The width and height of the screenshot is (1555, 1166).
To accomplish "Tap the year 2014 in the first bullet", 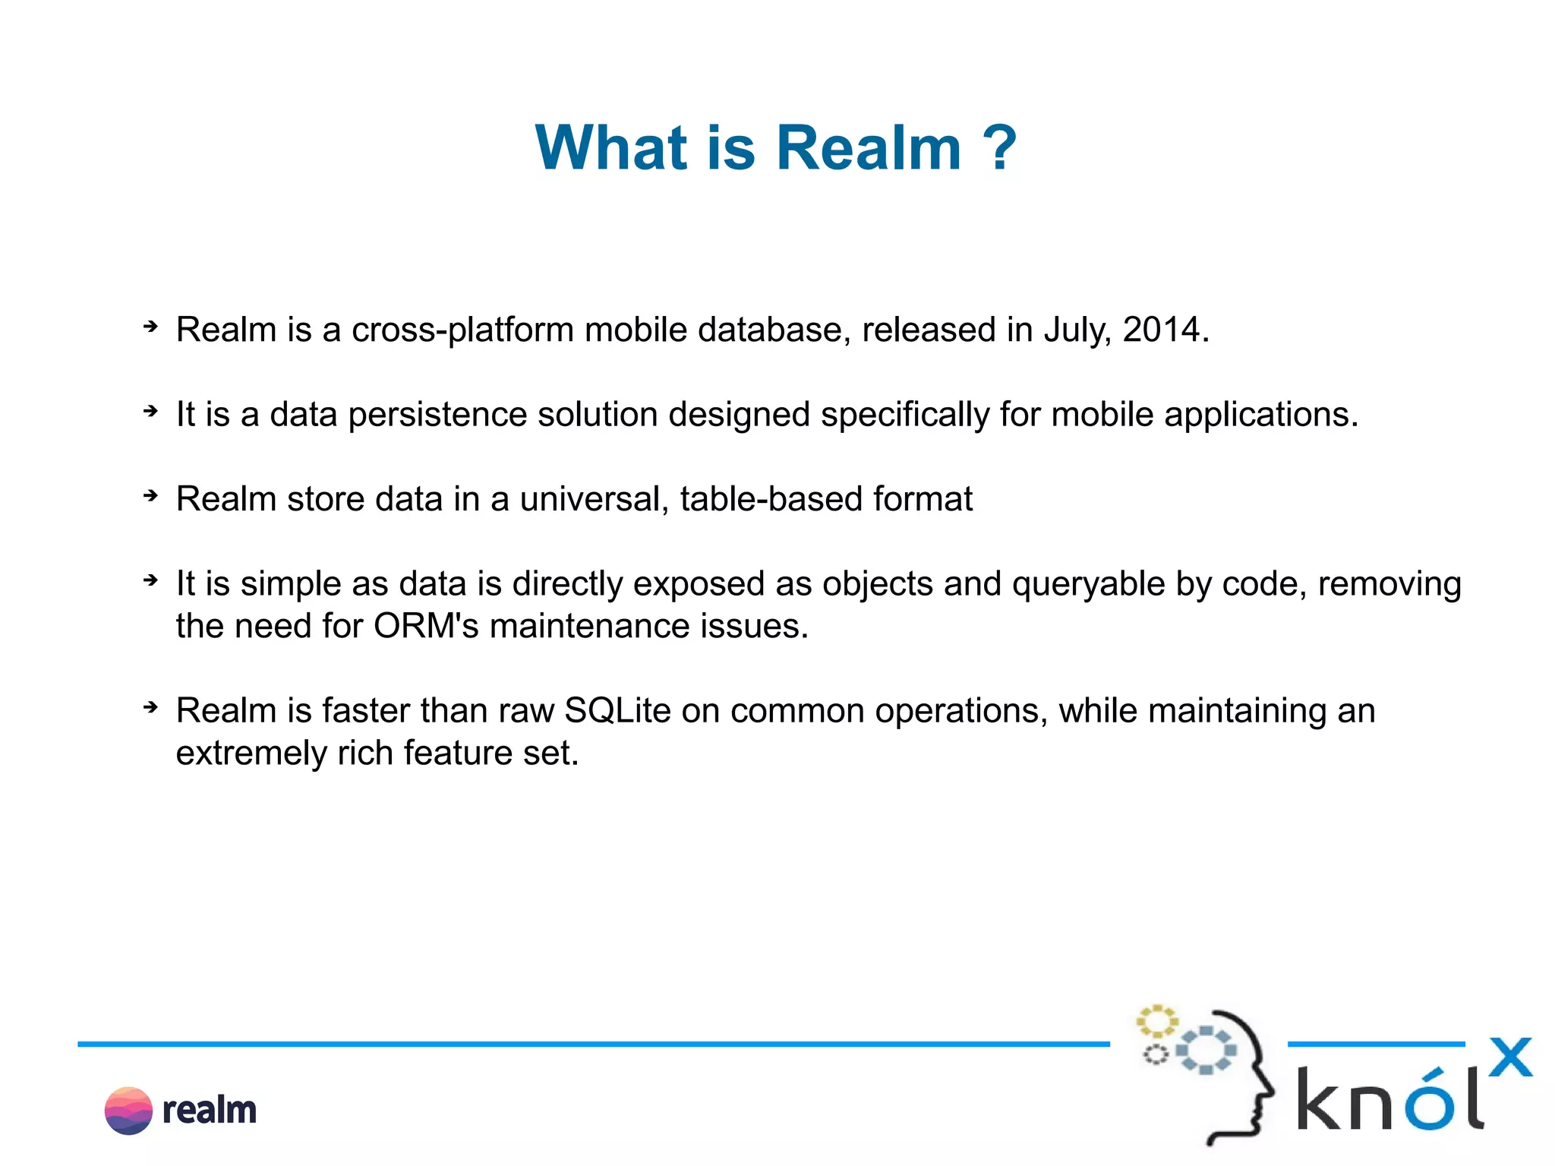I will pyautogui.click(x=1162, y=330).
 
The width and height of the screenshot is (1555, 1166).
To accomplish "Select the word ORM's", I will pyautogui.click(x=426, y=627).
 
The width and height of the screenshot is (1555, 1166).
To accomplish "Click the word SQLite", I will pyautogui.click(x=617, y=711).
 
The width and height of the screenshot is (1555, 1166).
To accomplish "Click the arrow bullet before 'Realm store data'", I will pyautogui.click(x=150, y=496).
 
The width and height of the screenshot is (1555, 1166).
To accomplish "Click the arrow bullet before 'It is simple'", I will pyautogui.click(x=150, y=581).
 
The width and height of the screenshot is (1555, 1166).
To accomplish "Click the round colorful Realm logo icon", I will pyautogui.click(x=128, y=1111).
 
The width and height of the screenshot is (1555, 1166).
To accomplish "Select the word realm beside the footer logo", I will pyautogui.click(x=210, y=1111).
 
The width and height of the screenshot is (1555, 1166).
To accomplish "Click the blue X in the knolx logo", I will pyautogui.click(x=1509, y=1057).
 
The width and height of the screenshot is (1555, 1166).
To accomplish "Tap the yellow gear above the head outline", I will pyautogui.click(x=1156, y=1021).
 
